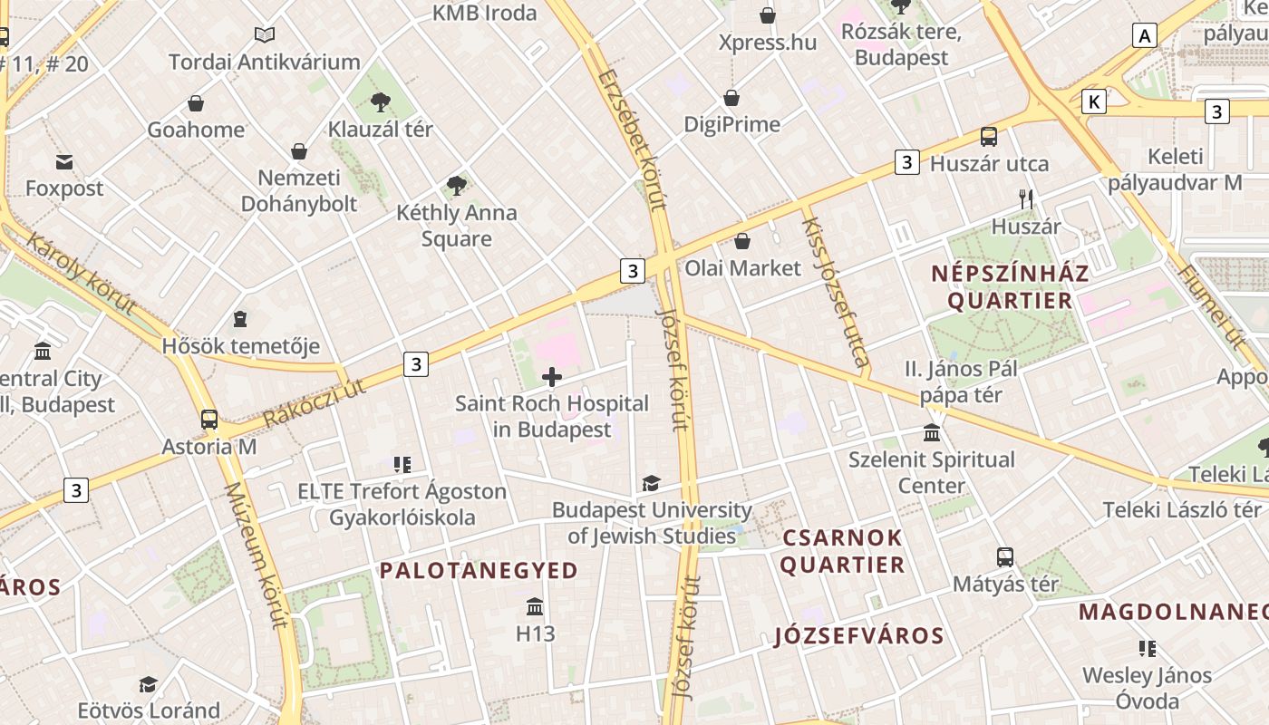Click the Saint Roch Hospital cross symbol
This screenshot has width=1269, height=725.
551,377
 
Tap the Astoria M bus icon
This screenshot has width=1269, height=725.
209,420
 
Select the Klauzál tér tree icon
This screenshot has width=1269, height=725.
381,101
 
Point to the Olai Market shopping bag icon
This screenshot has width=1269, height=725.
742,241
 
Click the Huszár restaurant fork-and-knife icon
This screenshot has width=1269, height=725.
1026,199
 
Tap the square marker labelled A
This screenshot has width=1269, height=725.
1146,35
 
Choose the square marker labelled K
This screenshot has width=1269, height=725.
1095,101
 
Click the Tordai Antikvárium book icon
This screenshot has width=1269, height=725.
265,35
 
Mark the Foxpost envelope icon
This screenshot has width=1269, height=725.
64,162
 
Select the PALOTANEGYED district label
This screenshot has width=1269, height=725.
479,570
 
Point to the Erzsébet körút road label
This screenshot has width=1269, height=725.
633,140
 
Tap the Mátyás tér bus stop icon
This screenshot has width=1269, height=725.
1005,557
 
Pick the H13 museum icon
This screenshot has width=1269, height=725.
535,606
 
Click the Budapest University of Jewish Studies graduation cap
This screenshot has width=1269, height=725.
651,484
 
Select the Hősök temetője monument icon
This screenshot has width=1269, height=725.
240,319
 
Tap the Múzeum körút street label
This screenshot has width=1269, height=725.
256,555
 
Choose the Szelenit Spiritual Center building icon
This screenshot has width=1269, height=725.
932,432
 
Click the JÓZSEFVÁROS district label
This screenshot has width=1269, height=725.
859,635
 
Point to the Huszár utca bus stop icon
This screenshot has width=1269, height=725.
989,137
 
